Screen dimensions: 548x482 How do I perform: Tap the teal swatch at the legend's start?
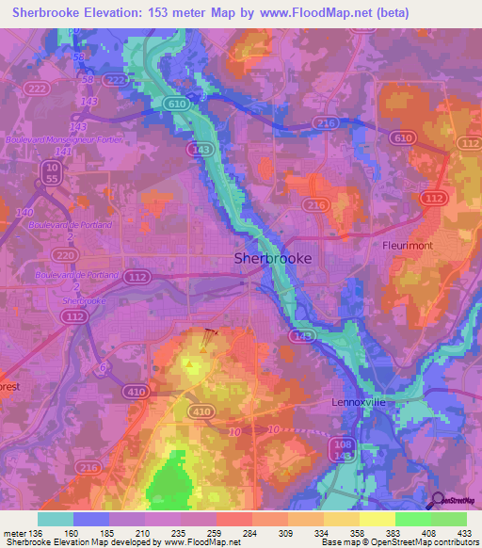[x=55, y=519]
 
